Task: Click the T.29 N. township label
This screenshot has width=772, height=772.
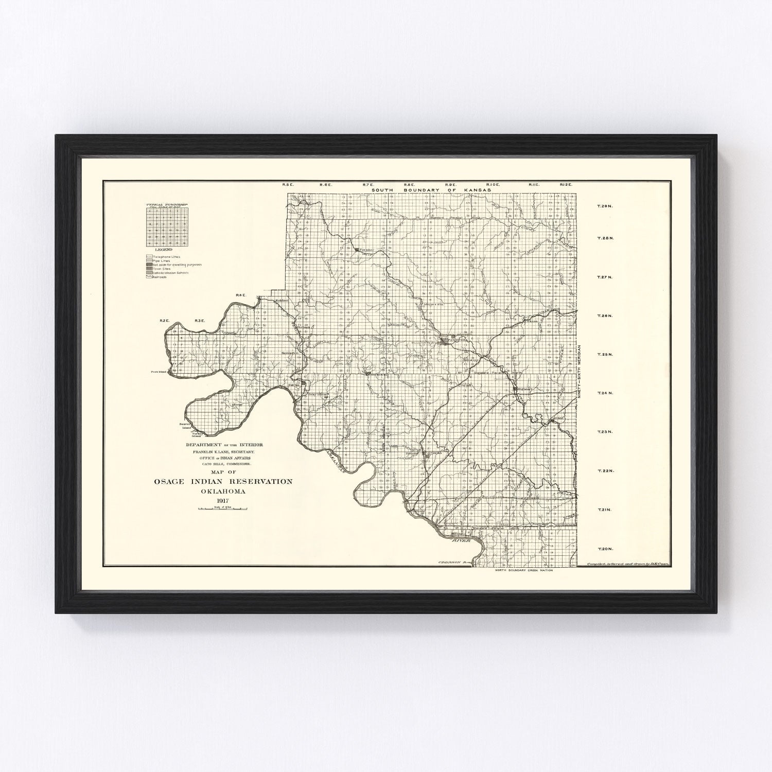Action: [604, 206]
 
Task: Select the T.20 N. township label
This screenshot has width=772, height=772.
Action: [604, 549]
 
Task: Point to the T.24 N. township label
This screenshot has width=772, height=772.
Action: [604, 393]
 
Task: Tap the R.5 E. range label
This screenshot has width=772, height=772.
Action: [287, 184]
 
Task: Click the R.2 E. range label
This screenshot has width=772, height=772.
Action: [165, 321]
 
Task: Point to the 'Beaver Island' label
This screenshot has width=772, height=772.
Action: [185, 426]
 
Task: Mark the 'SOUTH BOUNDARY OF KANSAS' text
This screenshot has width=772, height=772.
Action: [432, 190]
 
